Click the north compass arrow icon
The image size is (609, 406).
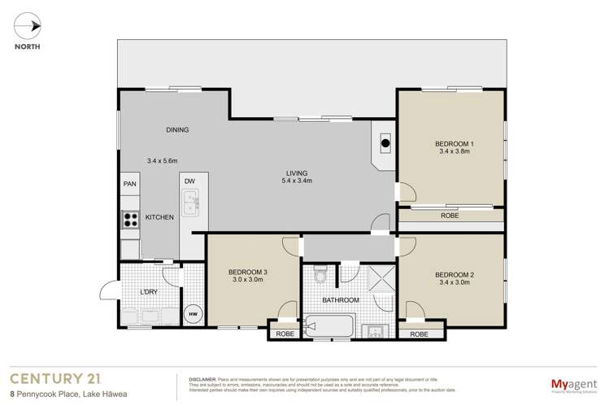[31, 26]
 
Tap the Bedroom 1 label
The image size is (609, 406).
[455, 147]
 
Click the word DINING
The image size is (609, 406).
[176, 130]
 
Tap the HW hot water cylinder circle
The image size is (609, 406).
[194, 314]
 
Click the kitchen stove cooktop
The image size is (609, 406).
[130, 218]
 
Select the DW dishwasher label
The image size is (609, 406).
[189, 181]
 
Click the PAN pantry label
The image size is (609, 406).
[129, 185]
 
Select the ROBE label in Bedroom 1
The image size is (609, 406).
[449, 216]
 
